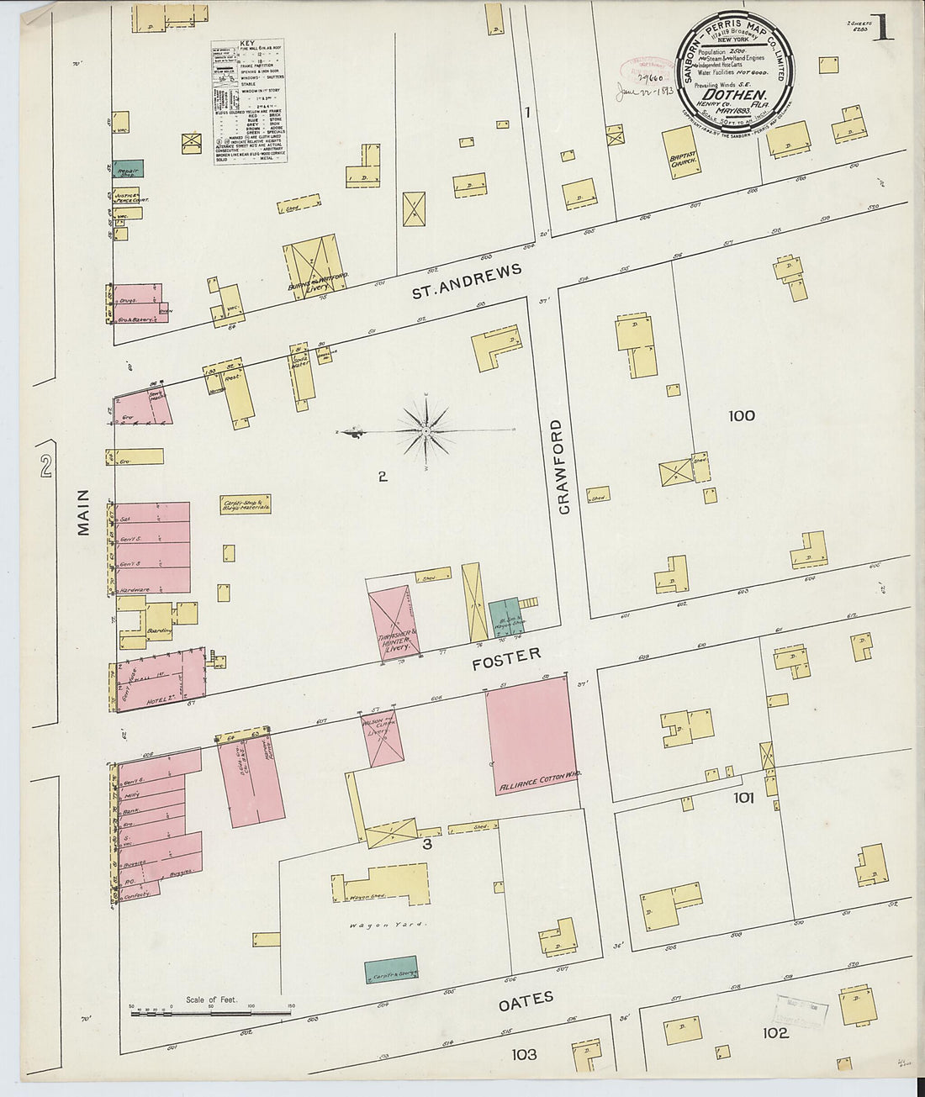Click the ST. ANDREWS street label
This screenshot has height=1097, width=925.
[x=467, y=282]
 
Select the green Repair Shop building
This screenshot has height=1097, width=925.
[x=129, y=168]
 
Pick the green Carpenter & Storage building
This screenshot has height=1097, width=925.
[x=391, y=970]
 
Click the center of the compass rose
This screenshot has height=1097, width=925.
[x=426, y=431]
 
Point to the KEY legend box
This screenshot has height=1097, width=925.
[x=248, y=101]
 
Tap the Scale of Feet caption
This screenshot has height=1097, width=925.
[x=210, y=1000]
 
